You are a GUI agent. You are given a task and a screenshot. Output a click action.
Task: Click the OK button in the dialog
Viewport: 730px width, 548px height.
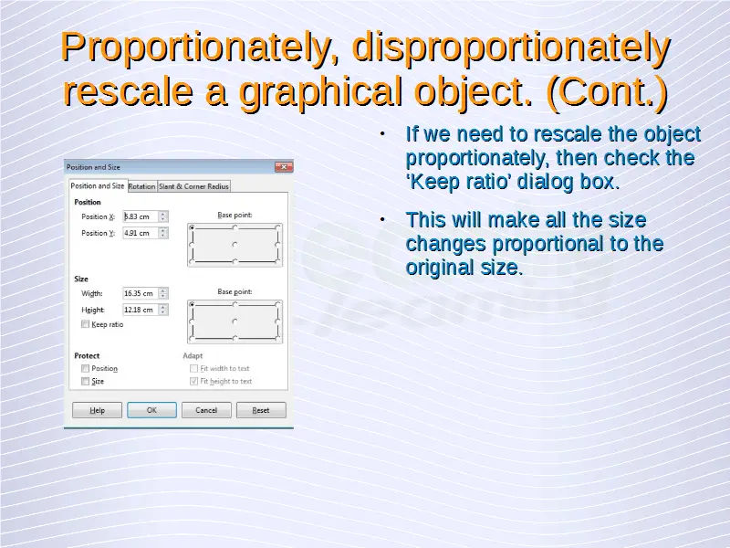(151, 410)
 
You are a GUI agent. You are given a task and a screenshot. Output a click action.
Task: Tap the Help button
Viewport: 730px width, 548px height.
(97, 410)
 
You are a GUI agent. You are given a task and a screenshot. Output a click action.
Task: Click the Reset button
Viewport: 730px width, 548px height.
(261, 410)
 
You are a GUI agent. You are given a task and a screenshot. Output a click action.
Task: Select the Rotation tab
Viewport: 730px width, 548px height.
(142, 186)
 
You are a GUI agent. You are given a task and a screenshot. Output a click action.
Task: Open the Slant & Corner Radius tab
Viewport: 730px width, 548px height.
(193, 186)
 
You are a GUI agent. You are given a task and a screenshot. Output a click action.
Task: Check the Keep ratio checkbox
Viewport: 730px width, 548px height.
(85, 324)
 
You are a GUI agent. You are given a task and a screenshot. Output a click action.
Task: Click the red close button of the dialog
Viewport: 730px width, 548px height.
(284, 166)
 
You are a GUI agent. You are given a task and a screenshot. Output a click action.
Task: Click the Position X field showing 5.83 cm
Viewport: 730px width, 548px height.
(141, 216)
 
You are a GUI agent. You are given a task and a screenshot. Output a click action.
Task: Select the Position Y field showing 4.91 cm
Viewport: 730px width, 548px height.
(141, 233)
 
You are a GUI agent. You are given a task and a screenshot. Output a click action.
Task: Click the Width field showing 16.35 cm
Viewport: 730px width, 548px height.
(141, 293)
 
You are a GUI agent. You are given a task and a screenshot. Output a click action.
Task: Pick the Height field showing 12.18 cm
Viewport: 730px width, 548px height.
(141, 310)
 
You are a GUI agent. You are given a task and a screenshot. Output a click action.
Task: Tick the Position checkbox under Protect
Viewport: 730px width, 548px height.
(85, 368)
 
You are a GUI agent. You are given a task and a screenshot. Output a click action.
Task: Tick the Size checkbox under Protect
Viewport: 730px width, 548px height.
(85, 381)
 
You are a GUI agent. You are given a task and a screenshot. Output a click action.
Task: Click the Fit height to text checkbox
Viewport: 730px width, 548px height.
(194, 381)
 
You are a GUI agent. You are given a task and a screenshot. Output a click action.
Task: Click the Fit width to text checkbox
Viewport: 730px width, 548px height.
(194, 368)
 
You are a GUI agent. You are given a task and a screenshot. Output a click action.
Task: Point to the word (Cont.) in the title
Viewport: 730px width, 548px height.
(607, 91)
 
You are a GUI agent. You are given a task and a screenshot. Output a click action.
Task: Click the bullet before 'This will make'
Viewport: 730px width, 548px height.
(382, 219)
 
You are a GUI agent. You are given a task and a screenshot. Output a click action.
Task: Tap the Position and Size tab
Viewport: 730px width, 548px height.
(98, 185)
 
